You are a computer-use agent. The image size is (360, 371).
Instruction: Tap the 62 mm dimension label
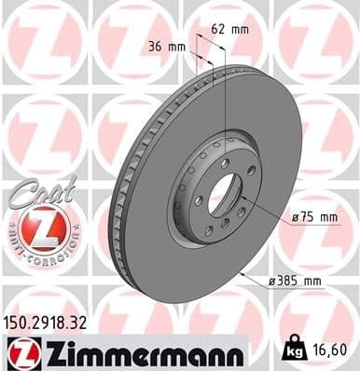[x=228, y=30]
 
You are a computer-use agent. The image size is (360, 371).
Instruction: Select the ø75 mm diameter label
[x=313, y=218]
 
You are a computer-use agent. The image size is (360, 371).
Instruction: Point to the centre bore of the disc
[x=220, y=195]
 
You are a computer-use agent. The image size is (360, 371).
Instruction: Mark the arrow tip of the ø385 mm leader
[x=240, y=273]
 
